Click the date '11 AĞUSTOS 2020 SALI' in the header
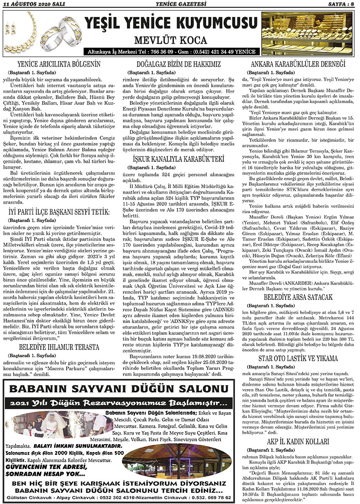[30, 4]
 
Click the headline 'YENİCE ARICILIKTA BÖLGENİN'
[58, 64]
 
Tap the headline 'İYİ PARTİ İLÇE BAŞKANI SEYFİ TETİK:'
[59, 211]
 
